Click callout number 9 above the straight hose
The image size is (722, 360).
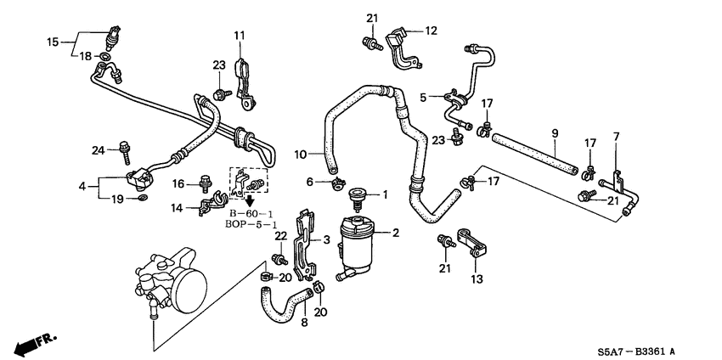(554, 132)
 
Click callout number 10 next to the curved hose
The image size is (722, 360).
(239, 35)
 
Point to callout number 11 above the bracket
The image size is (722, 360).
(431, 31)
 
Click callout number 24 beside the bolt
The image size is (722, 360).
(99, 150)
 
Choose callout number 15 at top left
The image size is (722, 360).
(52, 41)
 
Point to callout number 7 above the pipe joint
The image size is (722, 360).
(617, 137)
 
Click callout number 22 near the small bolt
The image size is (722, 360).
(280, 235)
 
